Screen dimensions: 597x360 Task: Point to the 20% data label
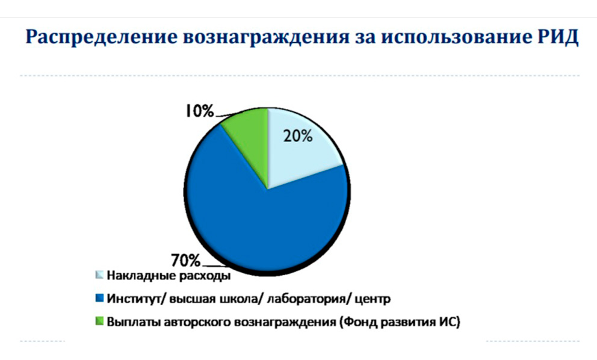(298, 135)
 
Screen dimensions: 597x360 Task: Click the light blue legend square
(99, 275)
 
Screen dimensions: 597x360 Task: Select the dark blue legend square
(99, 298)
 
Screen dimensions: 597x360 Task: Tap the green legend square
(99, 321)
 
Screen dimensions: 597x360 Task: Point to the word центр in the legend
(373, 299)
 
